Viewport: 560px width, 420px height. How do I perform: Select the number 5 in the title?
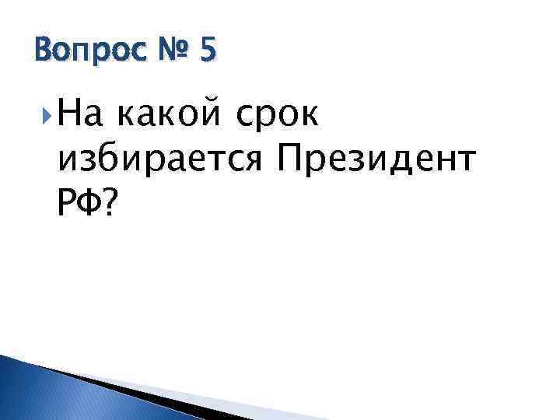[208, 51]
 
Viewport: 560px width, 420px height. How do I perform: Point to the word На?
[76, 117]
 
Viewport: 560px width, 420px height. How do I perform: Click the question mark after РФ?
[110, 204]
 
